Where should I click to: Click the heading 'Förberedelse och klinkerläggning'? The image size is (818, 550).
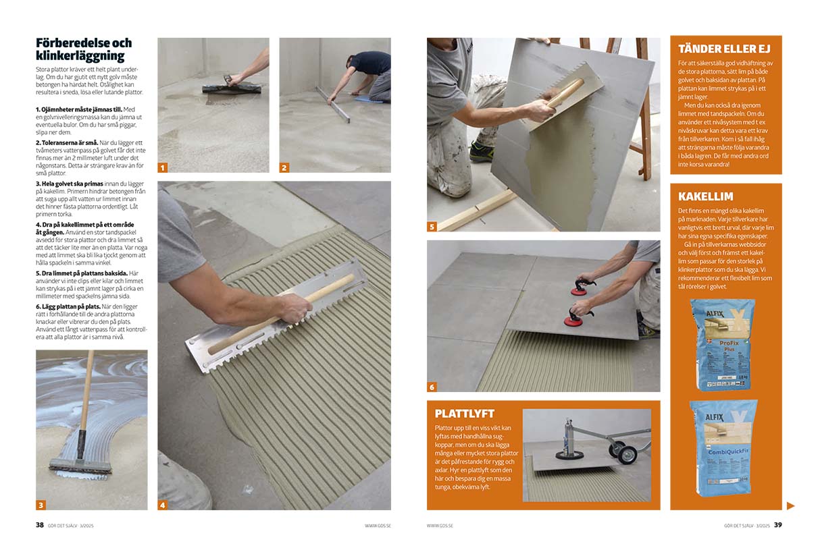pos(84,49)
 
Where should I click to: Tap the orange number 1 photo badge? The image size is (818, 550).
pos(163,168)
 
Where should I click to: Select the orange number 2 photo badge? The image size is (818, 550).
pos(284,168)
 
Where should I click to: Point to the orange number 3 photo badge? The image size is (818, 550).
pos(41,505)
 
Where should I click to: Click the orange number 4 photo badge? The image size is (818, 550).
pos(163,505)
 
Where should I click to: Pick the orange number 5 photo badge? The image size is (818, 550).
pos(432,227)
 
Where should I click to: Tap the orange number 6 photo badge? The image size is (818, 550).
pos(432,387)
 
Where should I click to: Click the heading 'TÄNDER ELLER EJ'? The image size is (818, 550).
pos(724,49)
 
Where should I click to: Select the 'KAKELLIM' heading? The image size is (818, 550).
pos(705,196)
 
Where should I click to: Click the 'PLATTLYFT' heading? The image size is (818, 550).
pos(464,414)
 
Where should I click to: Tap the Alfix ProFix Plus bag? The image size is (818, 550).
pos(723,345)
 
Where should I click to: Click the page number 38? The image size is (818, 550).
pos(39,525)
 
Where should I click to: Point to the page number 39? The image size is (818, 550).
pos(778,525)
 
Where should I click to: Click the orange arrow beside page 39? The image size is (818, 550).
pos(790,506)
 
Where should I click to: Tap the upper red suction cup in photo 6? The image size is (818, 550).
pos(578,291)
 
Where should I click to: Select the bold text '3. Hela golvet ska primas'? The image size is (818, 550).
pos(70,184)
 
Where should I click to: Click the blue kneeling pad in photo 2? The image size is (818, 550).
pos(365,99)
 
